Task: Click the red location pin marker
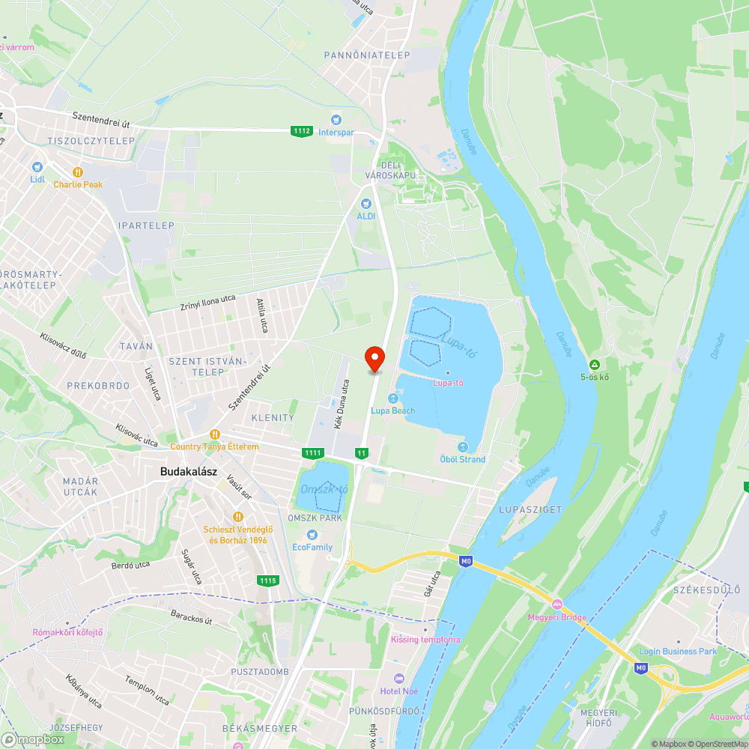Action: (374, 359)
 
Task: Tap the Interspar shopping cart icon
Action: (336, 119)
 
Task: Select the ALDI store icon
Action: (366, 203)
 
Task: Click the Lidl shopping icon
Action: (37, 167)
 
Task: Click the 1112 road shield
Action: (302, 131)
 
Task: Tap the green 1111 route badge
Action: (312, 452)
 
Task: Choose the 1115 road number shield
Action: (267, 580)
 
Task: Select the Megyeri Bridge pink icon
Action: (557, 604)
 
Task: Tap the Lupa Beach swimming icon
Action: (392, 398)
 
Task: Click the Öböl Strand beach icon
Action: (462, 447)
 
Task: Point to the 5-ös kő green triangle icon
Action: (594, 364)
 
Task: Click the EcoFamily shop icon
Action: (312, 535)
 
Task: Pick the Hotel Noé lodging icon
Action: (398, 678)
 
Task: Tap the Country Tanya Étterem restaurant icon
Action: (215, 434)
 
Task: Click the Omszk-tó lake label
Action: (324, 489)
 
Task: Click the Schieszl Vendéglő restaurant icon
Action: (238, 516)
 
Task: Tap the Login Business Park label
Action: (678, 651)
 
